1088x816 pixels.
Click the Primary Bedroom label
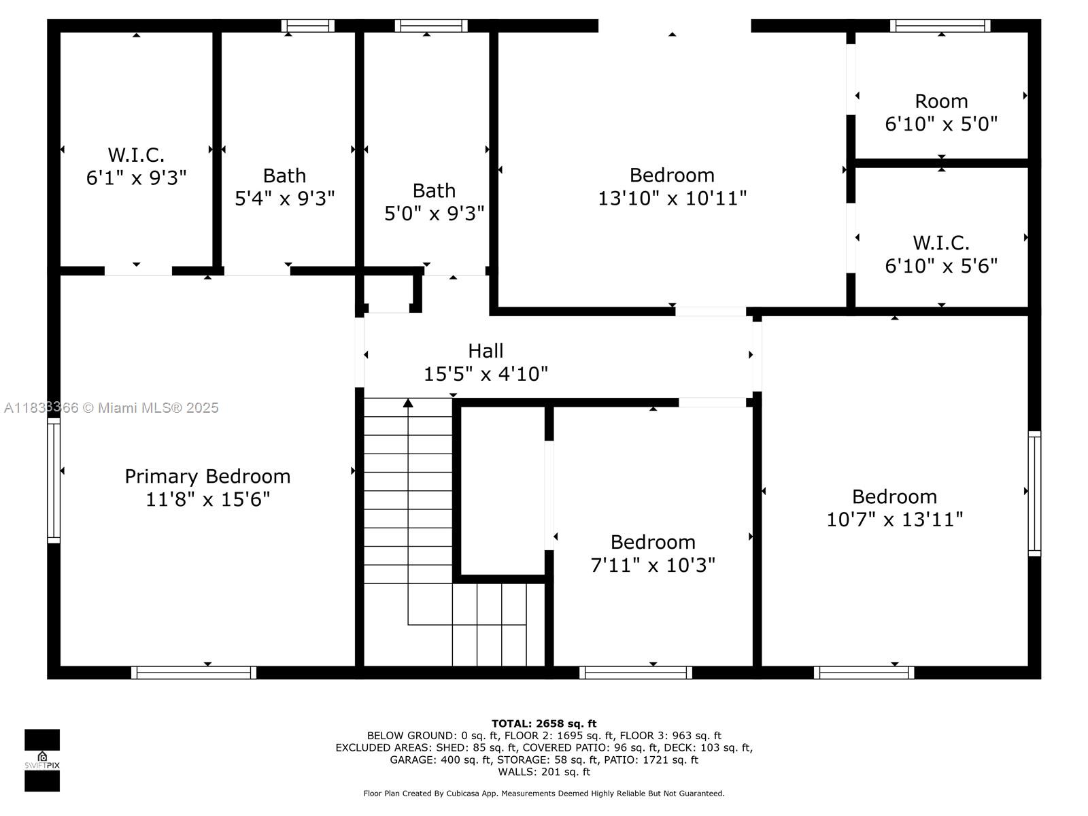click(207, 476)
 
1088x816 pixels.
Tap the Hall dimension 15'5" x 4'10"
click(486, 374)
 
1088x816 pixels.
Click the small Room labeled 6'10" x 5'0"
click(941, 112)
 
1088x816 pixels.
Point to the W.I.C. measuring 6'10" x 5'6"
click(941, 254)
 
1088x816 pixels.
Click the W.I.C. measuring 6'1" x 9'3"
click(136, 166)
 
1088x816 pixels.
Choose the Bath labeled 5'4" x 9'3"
click(284, 187)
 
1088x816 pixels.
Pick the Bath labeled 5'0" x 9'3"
click(434, 202)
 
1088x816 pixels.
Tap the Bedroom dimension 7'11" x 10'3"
click(653, 565)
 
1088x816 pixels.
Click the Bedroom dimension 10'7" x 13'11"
click(894, 520)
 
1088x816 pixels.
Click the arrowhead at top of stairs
click(408, 403)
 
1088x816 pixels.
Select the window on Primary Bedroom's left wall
click(54, 480)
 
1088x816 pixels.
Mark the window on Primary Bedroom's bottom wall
click(194, 673)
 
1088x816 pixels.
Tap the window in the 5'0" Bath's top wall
click(431, 26)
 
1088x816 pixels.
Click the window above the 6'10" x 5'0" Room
click(940, 26)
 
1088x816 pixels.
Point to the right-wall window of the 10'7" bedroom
click(1034, 494)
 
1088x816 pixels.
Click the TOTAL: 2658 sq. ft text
click(544, 724)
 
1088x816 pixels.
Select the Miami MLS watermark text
click(112, 408)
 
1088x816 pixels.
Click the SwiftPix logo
click(42, 760)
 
